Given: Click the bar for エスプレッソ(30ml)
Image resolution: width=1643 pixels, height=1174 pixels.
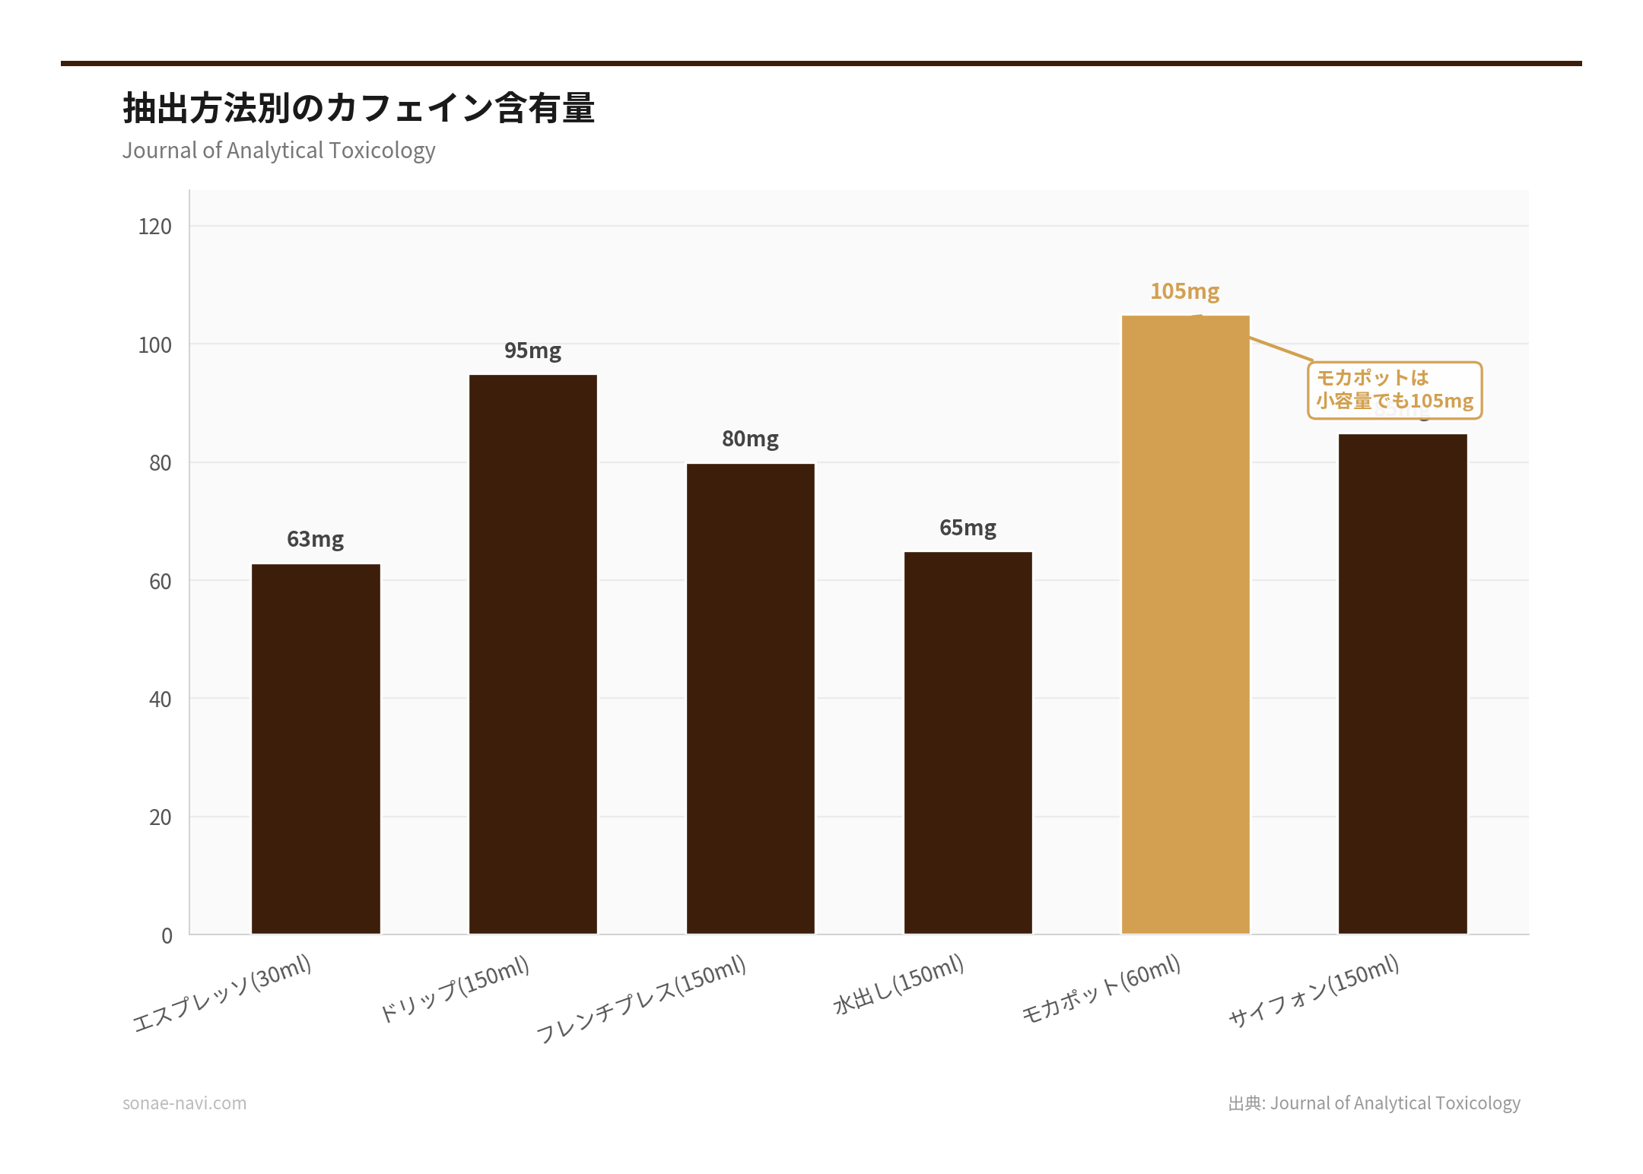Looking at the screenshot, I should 316,749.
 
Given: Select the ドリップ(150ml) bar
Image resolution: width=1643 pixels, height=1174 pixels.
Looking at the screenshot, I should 533,654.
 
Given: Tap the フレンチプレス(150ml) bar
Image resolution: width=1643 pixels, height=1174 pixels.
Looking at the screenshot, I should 751,698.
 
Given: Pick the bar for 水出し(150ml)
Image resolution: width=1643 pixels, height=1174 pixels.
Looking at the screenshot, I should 968,742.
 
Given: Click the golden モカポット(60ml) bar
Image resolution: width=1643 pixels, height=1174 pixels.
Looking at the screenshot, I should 1185,624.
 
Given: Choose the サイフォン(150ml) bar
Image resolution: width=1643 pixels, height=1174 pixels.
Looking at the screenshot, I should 1403,684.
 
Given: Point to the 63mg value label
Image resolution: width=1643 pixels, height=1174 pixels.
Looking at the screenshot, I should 316,539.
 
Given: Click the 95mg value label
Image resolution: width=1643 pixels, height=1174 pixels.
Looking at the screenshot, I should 533,351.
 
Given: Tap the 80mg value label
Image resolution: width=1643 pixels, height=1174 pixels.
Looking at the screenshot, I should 751,439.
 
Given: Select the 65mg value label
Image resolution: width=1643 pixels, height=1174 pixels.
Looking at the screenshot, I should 968,528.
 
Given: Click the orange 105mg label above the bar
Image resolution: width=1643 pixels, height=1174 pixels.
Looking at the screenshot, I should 1185,291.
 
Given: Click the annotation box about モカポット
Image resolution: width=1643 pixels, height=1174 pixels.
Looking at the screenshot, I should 1394,389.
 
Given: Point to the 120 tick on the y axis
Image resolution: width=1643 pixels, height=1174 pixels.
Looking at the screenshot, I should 155,227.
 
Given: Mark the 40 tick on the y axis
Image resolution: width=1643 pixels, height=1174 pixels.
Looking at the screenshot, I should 160,700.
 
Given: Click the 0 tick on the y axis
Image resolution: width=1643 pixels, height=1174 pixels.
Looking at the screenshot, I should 167,936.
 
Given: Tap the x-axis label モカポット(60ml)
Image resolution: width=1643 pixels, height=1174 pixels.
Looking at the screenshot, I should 1101,988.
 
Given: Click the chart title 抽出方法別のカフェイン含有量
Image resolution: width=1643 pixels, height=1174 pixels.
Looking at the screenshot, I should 359,108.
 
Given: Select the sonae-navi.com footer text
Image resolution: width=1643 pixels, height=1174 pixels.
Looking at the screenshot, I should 185,1103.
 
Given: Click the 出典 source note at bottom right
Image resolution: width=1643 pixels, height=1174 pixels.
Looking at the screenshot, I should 1374,1103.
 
